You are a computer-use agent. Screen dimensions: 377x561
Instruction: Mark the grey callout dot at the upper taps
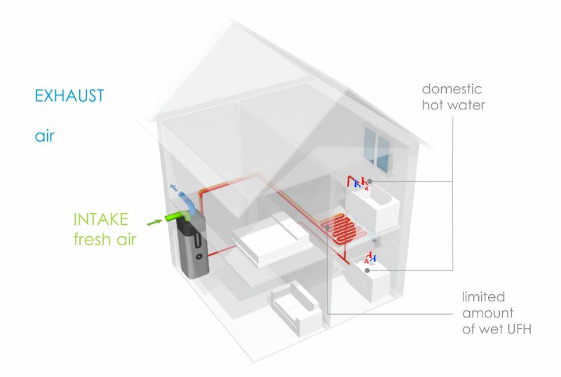[x=369, y=181]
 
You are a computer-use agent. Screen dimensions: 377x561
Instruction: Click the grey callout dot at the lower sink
[x=367, y=270]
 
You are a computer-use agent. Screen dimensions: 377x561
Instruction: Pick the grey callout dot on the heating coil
[x=328, y=227]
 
